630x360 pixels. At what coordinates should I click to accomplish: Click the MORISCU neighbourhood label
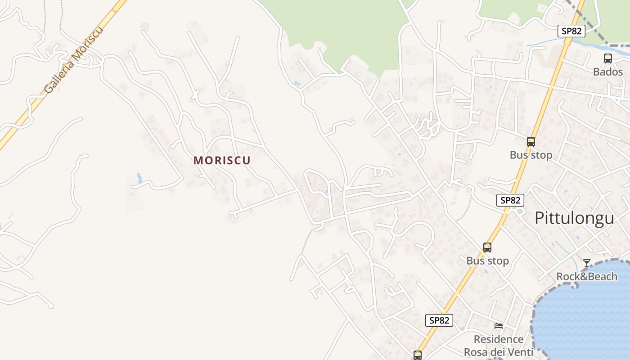(x=222, y=160)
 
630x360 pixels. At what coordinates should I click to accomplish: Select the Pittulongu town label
(x=574, y=218)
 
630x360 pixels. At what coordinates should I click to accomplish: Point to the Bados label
(x=607, y=72)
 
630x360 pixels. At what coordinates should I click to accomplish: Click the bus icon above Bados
(x=607, y=58)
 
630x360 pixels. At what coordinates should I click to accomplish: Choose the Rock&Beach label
(x=587, y=276)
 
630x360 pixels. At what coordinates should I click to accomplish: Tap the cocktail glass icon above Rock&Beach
(x=586, y=263)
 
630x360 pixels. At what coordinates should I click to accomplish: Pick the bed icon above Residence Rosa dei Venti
(x=498, y=326)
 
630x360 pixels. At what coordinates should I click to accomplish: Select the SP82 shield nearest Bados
(x=571, y=31)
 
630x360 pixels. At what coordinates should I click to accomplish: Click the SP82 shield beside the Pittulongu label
(x=510, y=200)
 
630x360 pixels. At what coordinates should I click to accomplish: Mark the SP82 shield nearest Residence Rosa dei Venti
(x=439, y=320)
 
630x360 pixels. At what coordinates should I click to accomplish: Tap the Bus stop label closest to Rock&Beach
(x=487, y=261)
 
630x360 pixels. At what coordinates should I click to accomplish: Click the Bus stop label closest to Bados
(x=531, y=155)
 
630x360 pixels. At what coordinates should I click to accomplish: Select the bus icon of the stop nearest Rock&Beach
(x=487, y=247)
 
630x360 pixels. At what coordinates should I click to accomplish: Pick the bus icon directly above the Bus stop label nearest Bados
(x=531, y=142)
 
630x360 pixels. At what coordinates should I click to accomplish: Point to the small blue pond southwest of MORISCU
(x=139, y=178)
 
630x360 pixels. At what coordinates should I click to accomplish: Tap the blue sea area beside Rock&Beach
(x=585, y=315)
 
